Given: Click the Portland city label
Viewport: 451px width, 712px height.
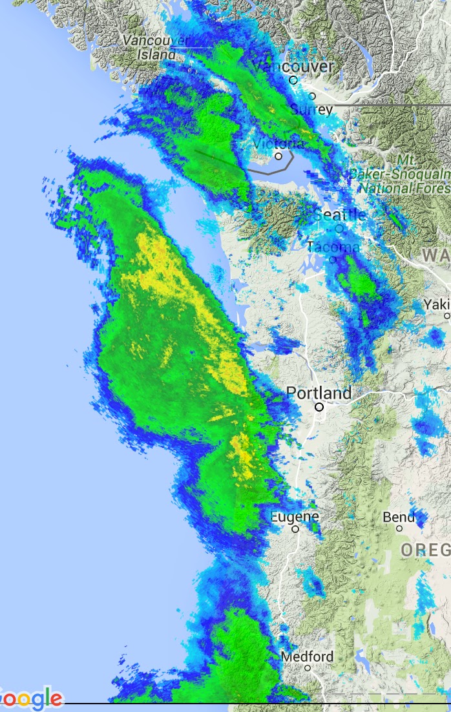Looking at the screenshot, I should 319,392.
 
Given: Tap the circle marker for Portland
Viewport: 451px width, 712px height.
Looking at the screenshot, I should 319,407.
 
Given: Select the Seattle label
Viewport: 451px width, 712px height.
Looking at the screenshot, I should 340,215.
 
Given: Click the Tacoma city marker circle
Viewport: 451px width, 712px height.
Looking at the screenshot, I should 333,260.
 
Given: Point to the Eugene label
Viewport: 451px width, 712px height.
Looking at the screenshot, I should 295,517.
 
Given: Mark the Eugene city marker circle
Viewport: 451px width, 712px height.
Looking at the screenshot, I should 295,529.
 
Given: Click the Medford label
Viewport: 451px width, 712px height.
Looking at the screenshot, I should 308,656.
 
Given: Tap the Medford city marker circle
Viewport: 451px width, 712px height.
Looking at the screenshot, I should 308,668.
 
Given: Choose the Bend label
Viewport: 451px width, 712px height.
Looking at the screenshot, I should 399,517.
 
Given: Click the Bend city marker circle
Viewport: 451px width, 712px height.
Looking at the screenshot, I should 399,529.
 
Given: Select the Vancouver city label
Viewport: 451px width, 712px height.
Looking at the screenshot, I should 294,67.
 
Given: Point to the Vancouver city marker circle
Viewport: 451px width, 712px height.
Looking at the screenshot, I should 293,80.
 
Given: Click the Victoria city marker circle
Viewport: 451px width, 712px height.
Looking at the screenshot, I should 278,156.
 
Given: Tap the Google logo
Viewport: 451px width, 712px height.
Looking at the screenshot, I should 30,699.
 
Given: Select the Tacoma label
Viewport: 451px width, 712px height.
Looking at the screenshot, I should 333,247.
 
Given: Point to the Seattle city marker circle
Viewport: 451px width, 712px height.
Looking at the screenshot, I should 340,228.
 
